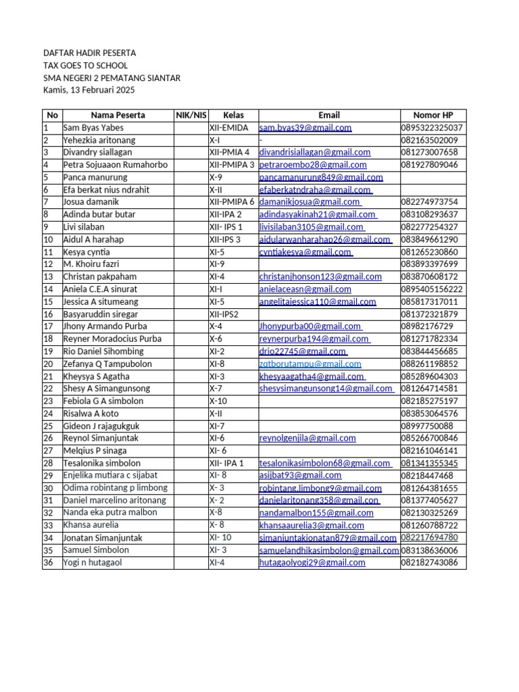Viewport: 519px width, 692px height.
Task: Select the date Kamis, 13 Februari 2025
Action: pyautogui.click(x=89, y=89)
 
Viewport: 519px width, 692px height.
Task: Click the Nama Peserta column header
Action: pyautogui.click(x=118, y=115)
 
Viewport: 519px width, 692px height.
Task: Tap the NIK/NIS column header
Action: pyautogui.click(x=191, y=115)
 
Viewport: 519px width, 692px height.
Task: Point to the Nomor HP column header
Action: pyautogui.click(x=432, y=115)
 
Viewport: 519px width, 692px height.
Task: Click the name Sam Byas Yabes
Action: pyautogui.click(x=93, y=128)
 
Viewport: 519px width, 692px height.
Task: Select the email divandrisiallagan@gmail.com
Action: pyautogui.click(x=315, y=153)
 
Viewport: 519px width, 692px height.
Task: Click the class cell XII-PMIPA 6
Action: pyautogui.click(x=231, y=202)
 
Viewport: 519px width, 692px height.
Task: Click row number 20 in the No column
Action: pyautogui.click(x=48, y=364)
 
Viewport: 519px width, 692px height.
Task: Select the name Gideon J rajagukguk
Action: pyautogui.click(x=101, y=426)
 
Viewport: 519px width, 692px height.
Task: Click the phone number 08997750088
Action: pyautogui.click(x=426, y=426)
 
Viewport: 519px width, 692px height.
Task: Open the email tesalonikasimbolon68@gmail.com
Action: pyautogui.click(x=324, y=464)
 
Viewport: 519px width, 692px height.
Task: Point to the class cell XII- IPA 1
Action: pyautogui.click(x=226, y=464)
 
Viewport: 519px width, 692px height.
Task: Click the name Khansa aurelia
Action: pyautogui.click(x=91, y=525)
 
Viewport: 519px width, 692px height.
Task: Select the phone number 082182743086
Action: pyautogui.click(x=433, y=562)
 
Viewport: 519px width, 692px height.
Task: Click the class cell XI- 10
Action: pyautogui.click(x=220, y=537)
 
